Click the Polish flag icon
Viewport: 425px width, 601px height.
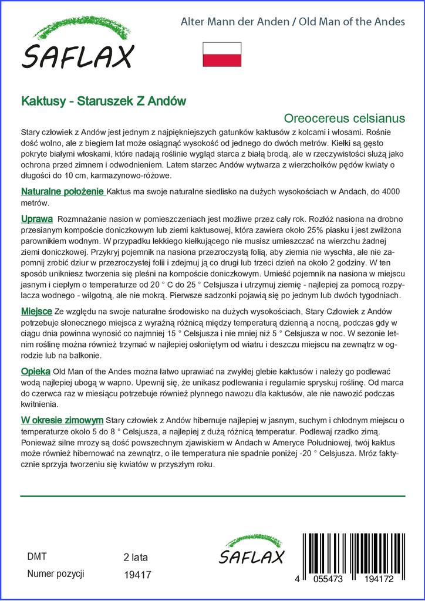point(222,54)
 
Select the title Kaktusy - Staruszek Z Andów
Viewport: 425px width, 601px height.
point(104,100)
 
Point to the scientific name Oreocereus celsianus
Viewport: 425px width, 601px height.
point(349,118)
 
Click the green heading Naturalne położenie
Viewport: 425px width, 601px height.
point(63,192)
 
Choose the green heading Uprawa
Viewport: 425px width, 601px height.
point(38,219)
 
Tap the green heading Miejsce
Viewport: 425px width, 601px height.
point(36,311)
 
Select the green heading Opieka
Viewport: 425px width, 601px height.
point(36,372)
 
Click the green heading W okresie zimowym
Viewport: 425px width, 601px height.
point(62,420)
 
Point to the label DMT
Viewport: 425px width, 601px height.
point(37,557)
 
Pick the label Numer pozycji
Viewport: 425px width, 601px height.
point(56,574)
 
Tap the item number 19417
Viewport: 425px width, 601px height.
point(138,575)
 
